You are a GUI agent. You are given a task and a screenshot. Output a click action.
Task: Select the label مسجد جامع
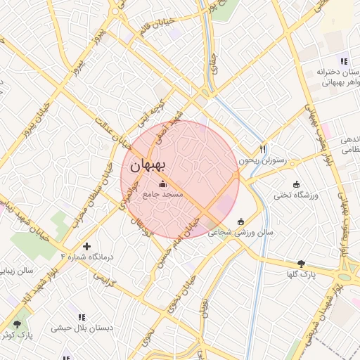[162, 193]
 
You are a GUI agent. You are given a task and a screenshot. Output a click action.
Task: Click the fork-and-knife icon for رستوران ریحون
[263, 148]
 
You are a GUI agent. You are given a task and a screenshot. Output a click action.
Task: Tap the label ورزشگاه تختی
[297, 195]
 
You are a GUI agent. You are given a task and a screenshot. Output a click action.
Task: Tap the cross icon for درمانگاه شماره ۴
[86, 246]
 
